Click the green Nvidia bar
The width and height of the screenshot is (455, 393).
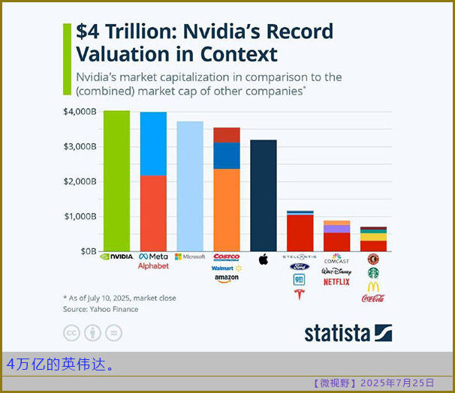coord(116,180)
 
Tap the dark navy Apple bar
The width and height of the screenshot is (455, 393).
coord(264,195)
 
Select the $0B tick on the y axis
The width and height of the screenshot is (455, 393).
coord(88,251)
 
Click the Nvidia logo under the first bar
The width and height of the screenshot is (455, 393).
coord(116,256)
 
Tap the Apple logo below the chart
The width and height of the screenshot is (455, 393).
coord(264,259)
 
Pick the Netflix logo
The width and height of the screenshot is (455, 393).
coord(336,282)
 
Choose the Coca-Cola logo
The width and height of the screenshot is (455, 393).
coord(373,298)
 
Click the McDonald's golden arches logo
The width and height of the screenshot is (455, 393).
coord(373,286)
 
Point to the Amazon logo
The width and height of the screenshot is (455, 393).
coord(227,279)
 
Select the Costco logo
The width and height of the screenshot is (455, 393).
coord(227,256)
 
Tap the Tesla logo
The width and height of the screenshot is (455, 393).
coord(300,294)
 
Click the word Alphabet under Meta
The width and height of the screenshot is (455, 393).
coord(153,266)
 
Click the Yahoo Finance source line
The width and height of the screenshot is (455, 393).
coord(101,309)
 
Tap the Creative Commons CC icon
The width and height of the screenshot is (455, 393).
coord(72,332)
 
